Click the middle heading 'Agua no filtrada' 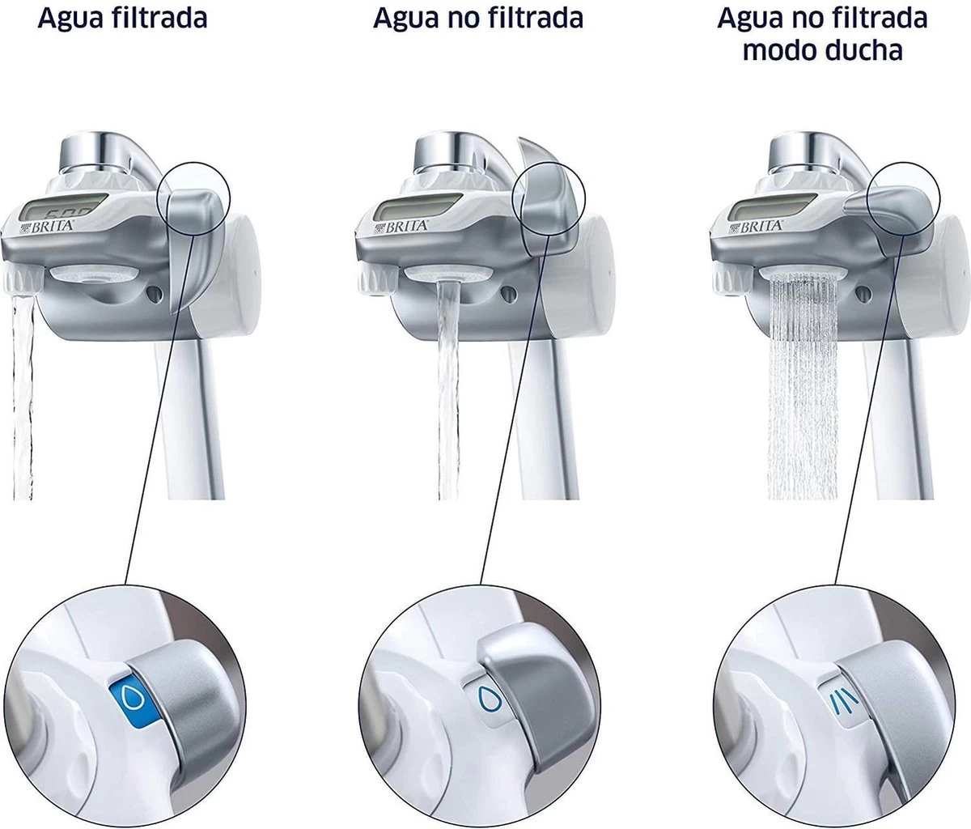click(x=477, y=18)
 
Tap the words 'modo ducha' click(x=822, y=50)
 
